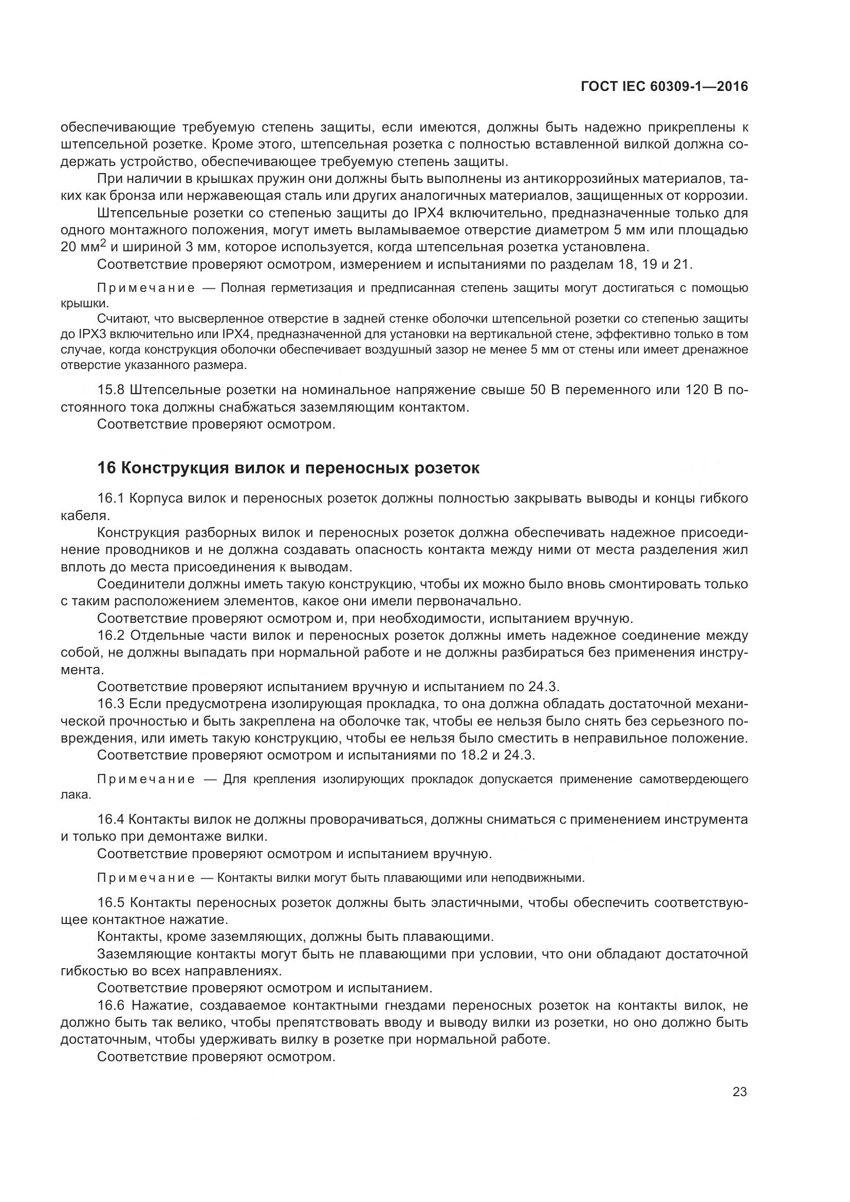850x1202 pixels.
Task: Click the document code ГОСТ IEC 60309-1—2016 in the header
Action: coord(664,87)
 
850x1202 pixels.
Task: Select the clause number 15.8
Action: coord(111,390)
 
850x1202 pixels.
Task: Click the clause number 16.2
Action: coord(111,636)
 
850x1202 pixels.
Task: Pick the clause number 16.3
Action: coord(111,704)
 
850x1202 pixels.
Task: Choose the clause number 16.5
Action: coord(111,902)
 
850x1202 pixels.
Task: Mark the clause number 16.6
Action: coord(111,1005)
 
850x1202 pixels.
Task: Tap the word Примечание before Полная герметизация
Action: coord(146,288)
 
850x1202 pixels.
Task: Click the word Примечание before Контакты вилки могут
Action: coord(146,878)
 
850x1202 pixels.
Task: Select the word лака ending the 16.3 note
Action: coord(76,794)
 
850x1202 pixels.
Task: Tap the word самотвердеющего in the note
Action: coord(693,780)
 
